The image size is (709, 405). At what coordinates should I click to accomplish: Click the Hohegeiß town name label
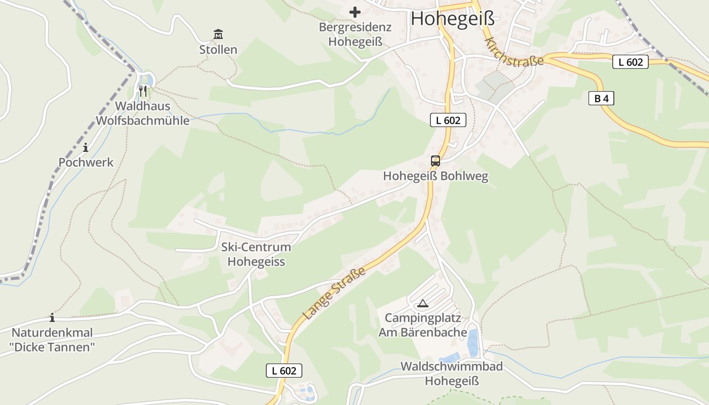click(452, 19)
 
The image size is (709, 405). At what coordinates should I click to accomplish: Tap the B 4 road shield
click(601, 99)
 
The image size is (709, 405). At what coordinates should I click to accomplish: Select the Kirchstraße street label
click(514, 52)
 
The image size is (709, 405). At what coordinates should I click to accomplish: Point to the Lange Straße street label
click(334, 294)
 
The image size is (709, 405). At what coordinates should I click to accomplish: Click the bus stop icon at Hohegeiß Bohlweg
click(435, 161)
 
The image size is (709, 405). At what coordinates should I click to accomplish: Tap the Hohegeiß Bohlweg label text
click(436, 176)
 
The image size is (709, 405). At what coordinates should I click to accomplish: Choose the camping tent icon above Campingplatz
click(422, 304)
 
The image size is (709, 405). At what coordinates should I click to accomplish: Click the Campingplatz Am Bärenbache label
click(423, 325)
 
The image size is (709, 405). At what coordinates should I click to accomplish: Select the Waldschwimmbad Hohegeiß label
click(451, 374)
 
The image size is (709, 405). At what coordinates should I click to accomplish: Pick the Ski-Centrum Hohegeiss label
click(256, 254)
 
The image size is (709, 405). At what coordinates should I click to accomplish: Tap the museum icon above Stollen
click(218, 34)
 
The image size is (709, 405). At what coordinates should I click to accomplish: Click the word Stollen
click(218, 50)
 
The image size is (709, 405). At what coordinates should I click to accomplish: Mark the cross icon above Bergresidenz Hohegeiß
click(355, 12)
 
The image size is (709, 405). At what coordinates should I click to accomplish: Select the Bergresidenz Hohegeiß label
click(355, 34)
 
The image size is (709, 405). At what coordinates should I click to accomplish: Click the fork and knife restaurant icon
click(143, 91)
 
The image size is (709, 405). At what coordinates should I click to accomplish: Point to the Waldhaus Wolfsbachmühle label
click(143, 113)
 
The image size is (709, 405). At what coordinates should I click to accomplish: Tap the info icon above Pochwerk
click(86, 147)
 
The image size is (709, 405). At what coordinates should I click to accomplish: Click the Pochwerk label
click(86, 163)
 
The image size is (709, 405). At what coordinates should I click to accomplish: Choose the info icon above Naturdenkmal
click(52, 317)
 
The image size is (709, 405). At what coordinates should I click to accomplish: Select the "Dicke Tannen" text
click(52, 347)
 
